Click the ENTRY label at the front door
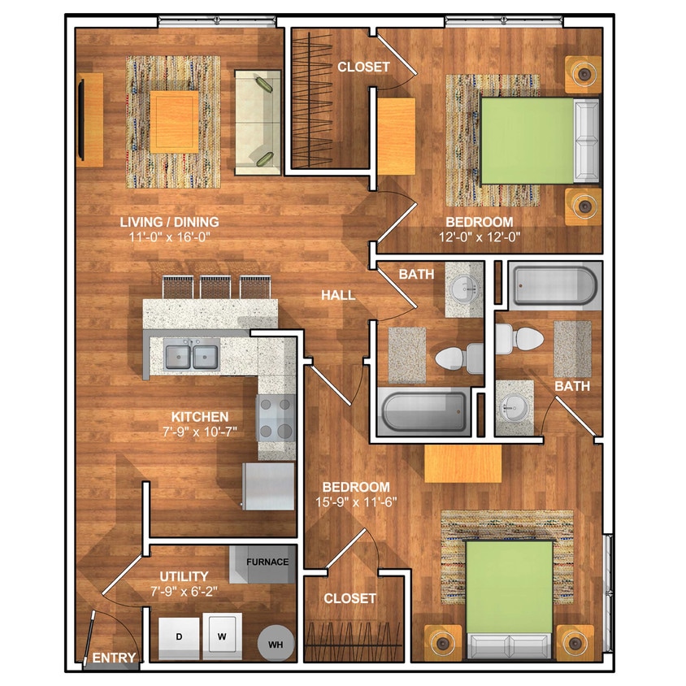[114, 657]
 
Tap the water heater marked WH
[276, 644]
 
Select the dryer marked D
[179, 636]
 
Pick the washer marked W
[222, 636]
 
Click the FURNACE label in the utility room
[267, 562]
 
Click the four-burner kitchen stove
[276, 418]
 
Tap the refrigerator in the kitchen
[269, 487]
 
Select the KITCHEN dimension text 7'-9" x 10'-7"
[200, 432]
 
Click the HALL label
[338, 295]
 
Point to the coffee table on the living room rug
[174, 122]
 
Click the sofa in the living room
[258, 122]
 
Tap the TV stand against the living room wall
[90, 119]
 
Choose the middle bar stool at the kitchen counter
[215, 287]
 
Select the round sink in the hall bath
[465, 289]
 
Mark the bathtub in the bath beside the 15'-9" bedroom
[554, 285]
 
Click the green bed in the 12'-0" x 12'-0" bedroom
[528, 141]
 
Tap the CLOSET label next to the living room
[363, 67]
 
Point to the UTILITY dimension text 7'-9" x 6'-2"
[184, 592]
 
